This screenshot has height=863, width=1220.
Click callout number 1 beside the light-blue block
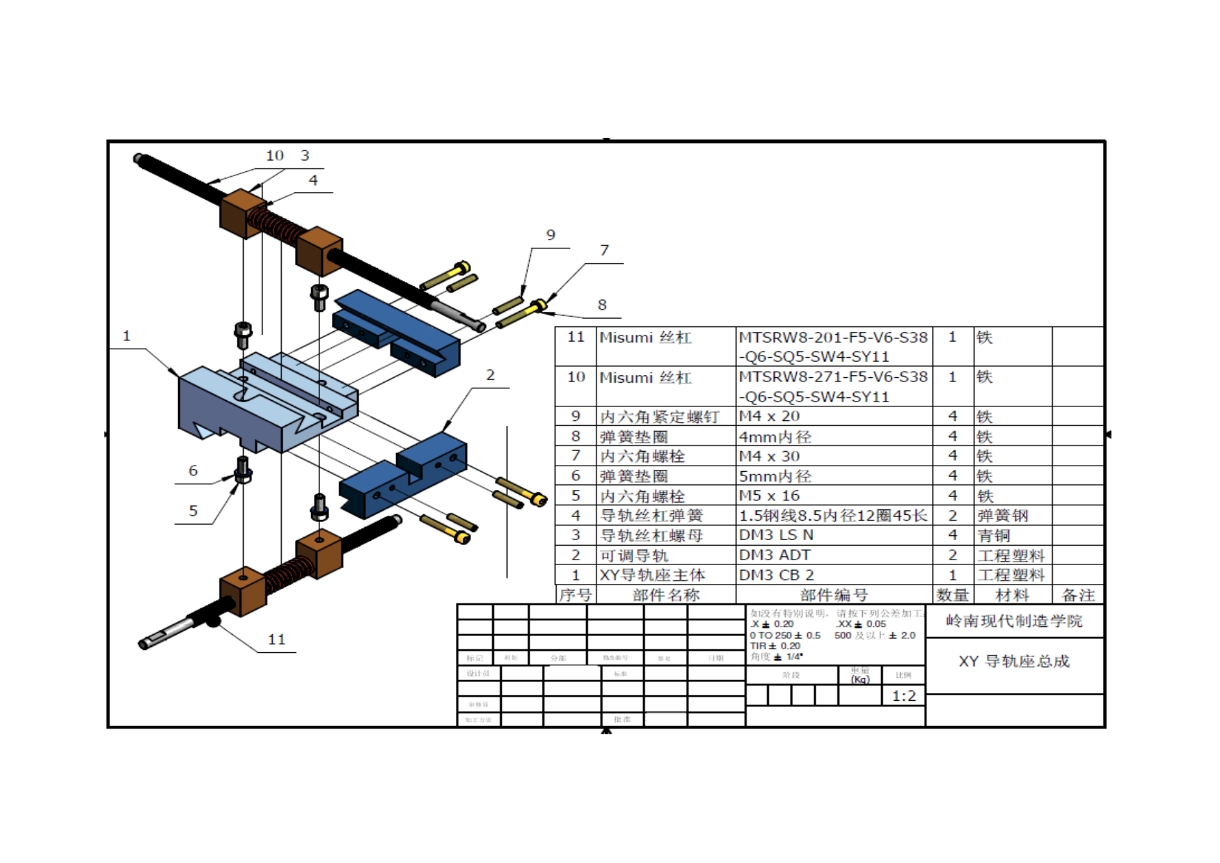[127, 336]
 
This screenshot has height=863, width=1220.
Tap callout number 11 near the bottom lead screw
[276, 640]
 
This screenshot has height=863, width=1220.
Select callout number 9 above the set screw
[550, 235]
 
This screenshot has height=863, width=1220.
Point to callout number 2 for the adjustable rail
[490, 375]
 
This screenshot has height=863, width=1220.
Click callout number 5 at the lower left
[193, 511]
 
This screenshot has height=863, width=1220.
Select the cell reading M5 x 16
[769, 496]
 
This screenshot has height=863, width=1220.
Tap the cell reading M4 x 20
[769, 416]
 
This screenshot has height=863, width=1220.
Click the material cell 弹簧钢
[1002, 516]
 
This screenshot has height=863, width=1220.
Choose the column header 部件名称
[666, 595]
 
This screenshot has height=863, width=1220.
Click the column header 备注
[1078, 595]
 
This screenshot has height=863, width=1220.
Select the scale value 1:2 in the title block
[903, 696]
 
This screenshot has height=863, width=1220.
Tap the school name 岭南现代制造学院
[1014, 621]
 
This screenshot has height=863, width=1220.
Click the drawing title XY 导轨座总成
[1013, 661]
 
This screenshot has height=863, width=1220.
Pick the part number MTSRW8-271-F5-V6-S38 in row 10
[833, 377]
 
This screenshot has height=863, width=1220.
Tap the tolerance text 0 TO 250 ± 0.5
[785, 635]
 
